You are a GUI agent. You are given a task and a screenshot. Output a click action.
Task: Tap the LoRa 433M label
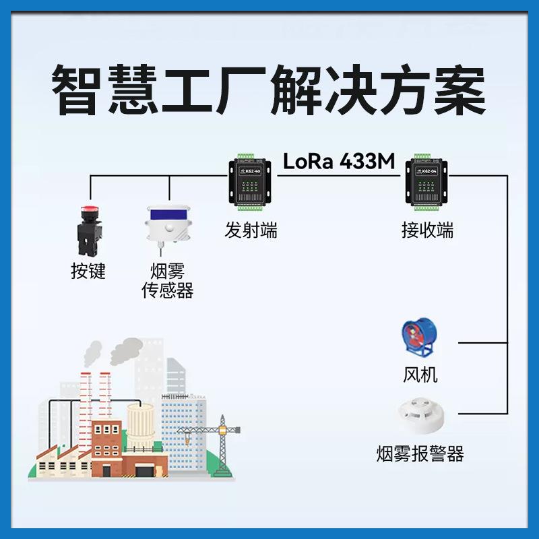click(341, 162)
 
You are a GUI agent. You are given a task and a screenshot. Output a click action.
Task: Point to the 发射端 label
click(251, 231)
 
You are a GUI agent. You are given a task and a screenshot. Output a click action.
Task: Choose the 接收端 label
click(427, 231)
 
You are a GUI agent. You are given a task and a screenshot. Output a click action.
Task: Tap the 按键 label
click(88, 271)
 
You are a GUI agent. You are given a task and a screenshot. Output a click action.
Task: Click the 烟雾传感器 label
click(167, 281)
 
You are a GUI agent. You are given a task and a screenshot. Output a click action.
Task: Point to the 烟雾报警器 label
click(420, 453)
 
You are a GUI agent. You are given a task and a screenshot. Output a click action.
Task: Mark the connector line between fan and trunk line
click(482, 342)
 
